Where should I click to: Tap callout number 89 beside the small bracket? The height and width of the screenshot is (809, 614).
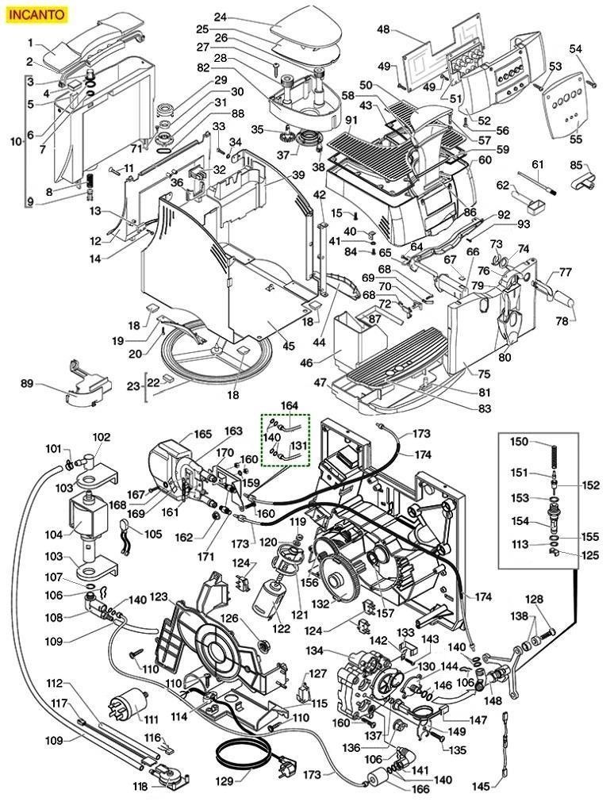[28, 384]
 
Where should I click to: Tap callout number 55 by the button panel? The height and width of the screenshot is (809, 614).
[575, 140]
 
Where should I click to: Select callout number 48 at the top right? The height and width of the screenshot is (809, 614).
[383, 30]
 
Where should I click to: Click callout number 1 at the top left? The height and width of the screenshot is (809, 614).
[30, 42]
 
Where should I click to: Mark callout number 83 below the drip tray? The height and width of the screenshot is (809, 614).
[485, 408]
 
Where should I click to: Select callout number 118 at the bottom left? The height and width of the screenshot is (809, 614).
[140, 786]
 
